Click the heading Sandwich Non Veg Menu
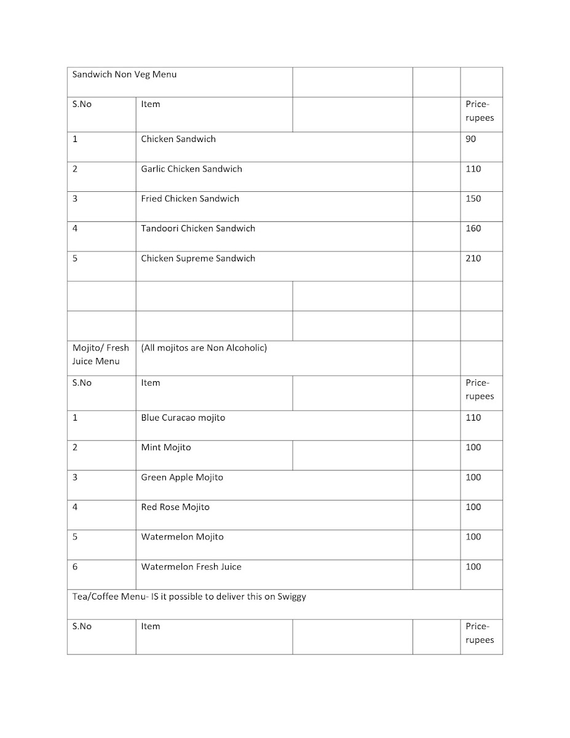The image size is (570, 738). click(x=124, y=74)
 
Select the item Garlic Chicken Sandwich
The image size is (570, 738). click(x=191, y=169)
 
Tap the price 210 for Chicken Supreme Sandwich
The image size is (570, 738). click(x=473, y=258)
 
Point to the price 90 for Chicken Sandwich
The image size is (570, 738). click(x=470, y=139)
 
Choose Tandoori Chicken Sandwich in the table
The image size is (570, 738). click(x=197, y=229)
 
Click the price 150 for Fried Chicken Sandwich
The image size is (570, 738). click(x=473, y=199)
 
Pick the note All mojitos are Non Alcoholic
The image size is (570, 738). click(x=204, y=348)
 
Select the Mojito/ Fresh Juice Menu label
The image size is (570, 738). click(x=100, y=354)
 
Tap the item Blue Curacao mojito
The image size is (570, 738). click(x=183, y=418)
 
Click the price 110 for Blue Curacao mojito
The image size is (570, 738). click(x=473, y=418)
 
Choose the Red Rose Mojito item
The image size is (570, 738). click(x=175, y=507)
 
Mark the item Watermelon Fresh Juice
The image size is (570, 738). click(x=191, y=567)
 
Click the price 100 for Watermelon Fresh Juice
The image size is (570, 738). click(x=473, y=567)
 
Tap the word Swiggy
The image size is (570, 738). click(x=291, y=597)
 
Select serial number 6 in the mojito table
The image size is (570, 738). click(x=75, y=567)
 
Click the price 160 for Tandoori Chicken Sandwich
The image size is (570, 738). click(x=473, y=229)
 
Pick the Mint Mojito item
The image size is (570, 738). click(x=165, y=448)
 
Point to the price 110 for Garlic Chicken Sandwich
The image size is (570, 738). click(x=473, y=169)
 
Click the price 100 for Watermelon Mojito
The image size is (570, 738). click(x=473, y=537)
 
